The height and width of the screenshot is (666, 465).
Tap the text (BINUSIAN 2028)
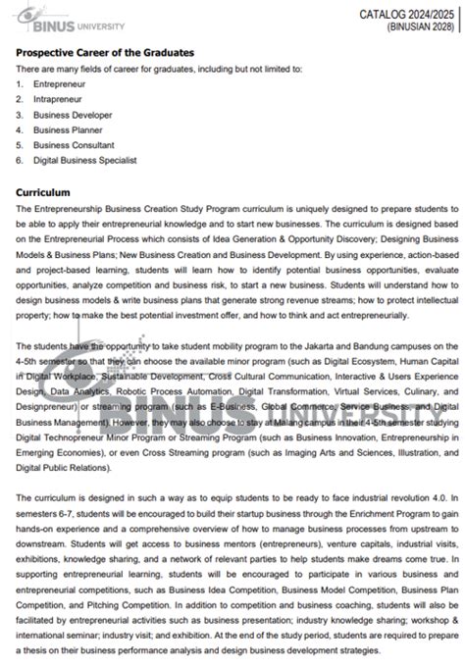(x=420, y=26)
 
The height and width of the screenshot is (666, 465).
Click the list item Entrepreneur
(x=60, y=85)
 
